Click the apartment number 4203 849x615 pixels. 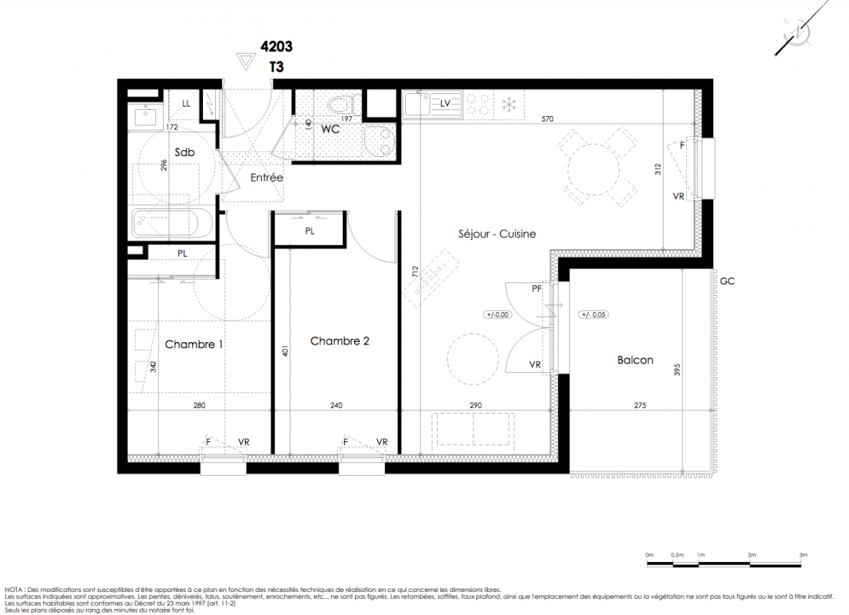pos(276,47)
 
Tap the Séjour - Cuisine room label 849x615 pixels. pos(497,234)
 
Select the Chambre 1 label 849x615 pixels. pos(194,344)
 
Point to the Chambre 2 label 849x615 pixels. pos(340,341)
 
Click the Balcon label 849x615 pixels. pos(635,361)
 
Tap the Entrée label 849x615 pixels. pos(267,178)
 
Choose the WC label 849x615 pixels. pos(330,129)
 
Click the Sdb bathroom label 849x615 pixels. pos(184,153)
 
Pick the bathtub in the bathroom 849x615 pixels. pos(173,224)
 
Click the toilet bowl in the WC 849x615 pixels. pos(340,104)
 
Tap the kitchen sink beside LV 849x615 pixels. pos(418,105)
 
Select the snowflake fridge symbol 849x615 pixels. pos(509,105)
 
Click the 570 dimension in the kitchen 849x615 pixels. pos(547,119)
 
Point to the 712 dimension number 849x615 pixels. pos(415,271)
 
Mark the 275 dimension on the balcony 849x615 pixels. pos(640,405)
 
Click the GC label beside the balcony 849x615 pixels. pos(727,281)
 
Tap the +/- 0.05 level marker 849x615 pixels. pos(593,315)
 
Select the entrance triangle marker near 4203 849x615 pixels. pos(247,61)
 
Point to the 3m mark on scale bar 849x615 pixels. pos(803,555)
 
